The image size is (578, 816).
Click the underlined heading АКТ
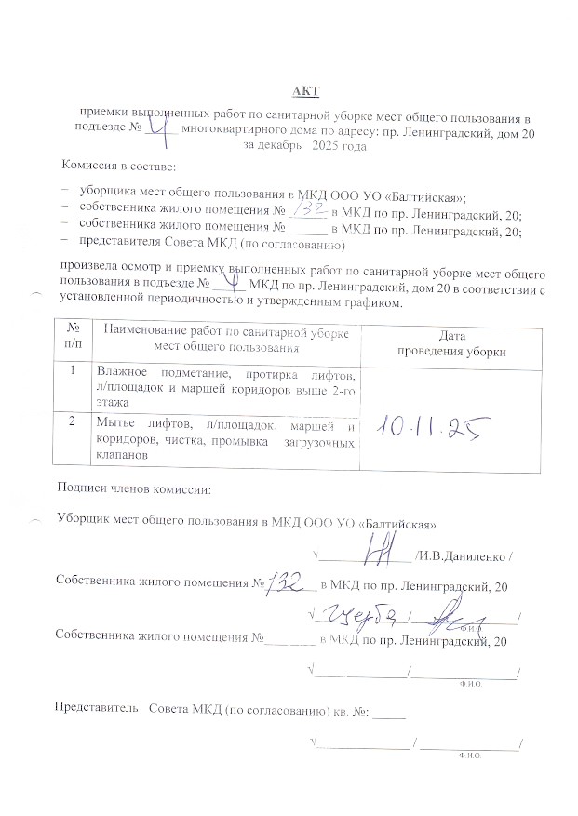pyautogui.click(x=304, y=90)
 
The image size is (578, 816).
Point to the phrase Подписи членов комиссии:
pyautogui.click(x=134, y=488)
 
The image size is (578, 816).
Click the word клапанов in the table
pyautogui.click(x=121, y=457)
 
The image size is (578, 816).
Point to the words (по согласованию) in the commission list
pyautogui.click(x=298, y=247)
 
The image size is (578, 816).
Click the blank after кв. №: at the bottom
pyautogui.click(x=391, y=712)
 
